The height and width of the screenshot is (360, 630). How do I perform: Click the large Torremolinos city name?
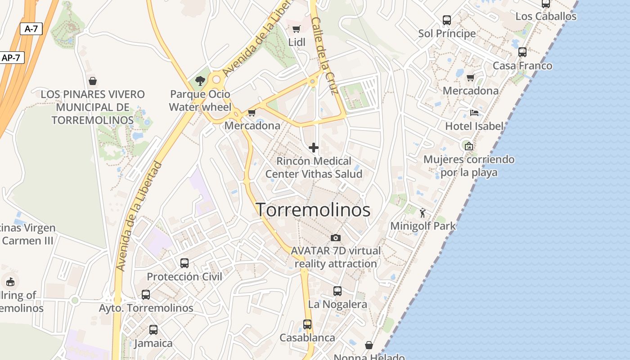313,210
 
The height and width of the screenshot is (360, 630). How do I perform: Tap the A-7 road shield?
31,29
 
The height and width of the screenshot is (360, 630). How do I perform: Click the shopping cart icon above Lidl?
296,29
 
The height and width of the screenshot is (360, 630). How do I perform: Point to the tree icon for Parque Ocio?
200,81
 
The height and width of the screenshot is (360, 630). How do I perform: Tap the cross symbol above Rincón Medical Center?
314,147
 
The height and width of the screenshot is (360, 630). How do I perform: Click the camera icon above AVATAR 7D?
335,238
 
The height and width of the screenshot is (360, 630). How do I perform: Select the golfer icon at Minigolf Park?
422,212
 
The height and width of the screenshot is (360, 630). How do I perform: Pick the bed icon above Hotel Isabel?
474,112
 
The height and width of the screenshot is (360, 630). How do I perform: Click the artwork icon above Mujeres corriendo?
468,146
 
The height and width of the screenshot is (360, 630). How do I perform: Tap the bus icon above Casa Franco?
522,52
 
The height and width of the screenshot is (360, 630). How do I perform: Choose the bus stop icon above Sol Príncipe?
446,20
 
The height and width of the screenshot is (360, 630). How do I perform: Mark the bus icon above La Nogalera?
337,291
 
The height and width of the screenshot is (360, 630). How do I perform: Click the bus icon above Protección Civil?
184,263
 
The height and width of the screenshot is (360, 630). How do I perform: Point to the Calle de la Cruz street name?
324,56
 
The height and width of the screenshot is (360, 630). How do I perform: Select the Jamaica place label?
153,343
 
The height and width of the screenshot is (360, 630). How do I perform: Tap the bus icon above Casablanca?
307,324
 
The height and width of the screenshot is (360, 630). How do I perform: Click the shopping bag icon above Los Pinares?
93,81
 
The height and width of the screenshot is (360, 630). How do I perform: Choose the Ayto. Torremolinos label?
146,308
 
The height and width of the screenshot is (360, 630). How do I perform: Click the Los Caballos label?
546,16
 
